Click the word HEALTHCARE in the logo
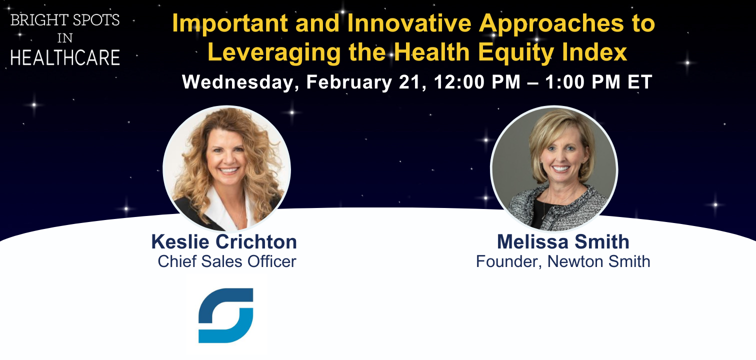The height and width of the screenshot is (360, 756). pyautogui.click(x=65, y=57)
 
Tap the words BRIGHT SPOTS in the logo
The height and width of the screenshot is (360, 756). pyautogui.click(x=65, y=20)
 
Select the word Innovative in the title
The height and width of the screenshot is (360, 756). pyautogui.click(x=409, y=23)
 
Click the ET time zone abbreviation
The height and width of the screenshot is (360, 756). pyautogui.click(x=640, y=81)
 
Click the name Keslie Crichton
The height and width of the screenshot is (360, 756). pyautogui.click(x=224, y=241)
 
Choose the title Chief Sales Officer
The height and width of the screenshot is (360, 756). pyautogui.click(x=227, y=261)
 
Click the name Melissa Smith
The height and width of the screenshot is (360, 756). pyautogui.click(x=563, y=241)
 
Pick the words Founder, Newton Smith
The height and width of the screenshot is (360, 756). pyautogui.click(x=563, y=261)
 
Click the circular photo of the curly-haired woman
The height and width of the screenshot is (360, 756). pyautogui.click(x=226, y=168)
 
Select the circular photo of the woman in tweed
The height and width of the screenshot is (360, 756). pyautogui.click(x=554, y=168)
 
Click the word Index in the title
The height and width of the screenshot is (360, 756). pyautogui.click(x=594, y=52)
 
